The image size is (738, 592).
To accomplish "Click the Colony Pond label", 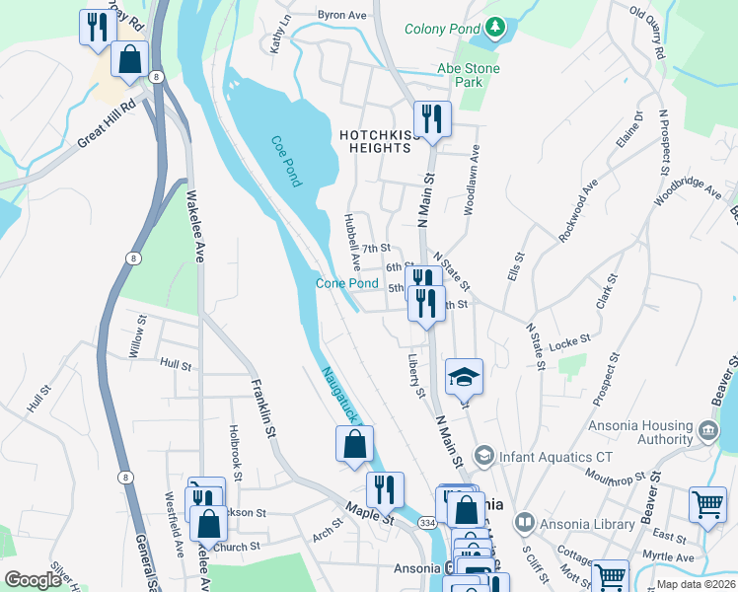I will (x=442, y=28).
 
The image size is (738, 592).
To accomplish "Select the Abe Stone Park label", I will (x=469, y=75).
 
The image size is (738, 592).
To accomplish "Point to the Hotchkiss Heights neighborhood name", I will (x=374, y=141).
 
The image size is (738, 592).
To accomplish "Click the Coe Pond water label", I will (x=285, y=160).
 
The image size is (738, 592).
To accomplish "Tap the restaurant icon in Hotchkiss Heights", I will (x=432, y=119).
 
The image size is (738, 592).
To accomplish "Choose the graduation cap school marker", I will (x=464, y=377).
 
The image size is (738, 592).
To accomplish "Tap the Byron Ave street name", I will (x=341, y=16).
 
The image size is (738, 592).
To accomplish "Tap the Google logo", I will (x=33, y=580).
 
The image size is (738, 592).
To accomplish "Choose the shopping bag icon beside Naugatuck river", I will (x=354, y=444).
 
